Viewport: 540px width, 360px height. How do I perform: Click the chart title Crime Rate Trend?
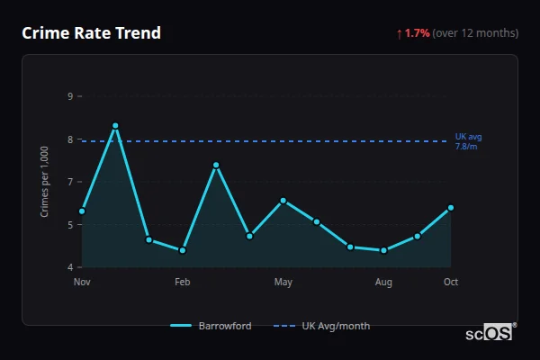tap(91, 33)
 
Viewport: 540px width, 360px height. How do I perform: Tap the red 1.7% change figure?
tap(417, 33)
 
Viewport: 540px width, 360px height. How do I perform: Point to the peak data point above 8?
tap(115, 126)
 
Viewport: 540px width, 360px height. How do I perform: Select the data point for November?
tap(82, 211)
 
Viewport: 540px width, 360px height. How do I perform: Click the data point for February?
tap(183, 250)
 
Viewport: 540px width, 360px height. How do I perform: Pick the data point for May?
tap(283, 201)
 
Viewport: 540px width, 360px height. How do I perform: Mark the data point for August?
tap(383, 250)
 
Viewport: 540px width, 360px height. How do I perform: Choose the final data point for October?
tap(451, 208)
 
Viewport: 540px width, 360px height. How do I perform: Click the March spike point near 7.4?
tap(216, 165)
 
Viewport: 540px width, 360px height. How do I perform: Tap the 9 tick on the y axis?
tap(70, 96)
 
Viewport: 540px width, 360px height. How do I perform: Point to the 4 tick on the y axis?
tap(70, 267)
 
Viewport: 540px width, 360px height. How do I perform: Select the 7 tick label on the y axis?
tap(70, 182)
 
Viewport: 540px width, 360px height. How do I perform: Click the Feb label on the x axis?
tap(183, 283)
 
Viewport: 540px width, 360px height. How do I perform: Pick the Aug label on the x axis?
tap(383, 283)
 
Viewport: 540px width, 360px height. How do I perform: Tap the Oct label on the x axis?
tap(451, 283)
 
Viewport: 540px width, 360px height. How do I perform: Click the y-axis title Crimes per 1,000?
tap(44, 182)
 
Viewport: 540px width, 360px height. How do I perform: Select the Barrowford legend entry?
tap(211, 326)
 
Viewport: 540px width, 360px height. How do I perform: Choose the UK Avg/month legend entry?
tap(321, 326)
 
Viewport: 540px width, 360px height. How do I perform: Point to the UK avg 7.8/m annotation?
tap(468, 141)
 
